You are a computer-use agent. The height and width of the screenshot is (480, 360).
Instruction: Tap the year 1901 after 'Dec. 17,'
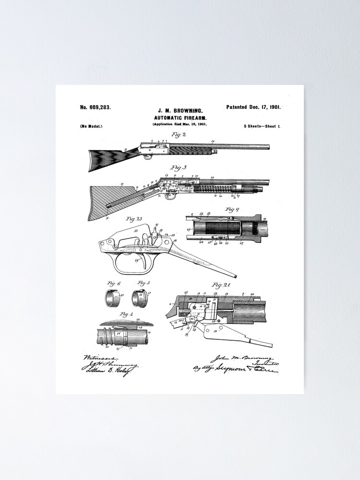click(x=275, y=107)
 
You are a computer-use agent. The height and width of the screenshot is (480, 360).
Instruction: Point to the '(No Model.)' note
click(x=91, y=126)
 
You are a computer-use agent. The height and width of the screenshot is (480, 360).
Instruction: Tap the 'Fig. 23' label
click(x=134, y=219)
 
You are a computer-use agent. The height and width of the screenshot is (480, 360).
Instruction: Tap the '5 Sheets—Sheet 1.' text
click(x=262, y=126)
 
